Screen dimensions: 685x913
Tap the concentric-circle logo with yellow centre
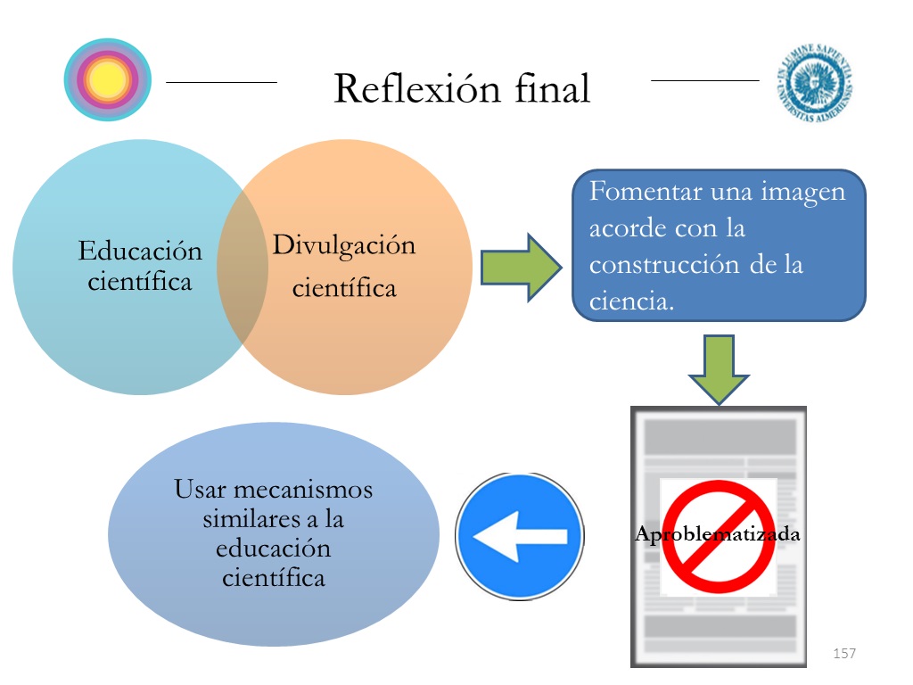pyautogui.click(x=108, y=81)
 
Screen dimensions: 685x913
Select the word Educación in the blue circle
pyautogui.click(x=140, y=251)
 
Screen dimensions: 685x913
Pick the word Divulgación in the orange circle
pyautogui.click(x=344, y=244)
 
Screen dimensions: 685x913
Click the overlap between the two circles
pyautogui.click(x=243, y=268)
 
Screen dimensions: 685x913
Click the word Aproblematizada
pyautogui.click(x=718, y=535)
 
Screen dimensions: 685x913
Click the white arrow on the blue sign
pyautogui.click(x=519, y=536)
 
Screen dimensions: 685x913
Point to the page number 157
pyautogui.click(x=843, y=654)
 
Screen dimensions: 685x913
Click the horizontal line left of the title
pyautogui.click(x=221, y=82)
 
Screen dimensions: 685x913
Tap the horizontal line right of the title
pyautogui.click(x=704, y=81)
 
